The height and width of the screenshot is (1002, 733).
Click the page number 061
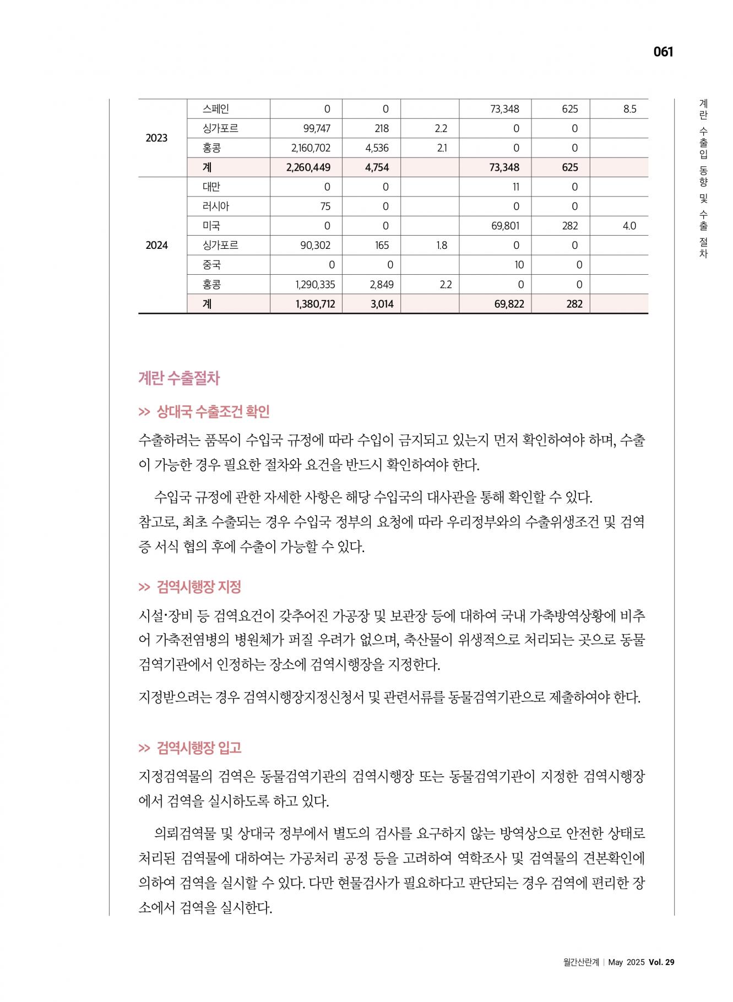coord(663,52)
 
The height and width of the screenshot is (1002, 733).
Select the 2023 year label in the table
coord(156,138)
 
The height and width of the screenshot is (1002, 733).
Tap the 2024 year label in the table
coord(156,246)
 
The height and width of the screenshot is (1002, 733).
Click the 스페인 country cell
coord(216,109)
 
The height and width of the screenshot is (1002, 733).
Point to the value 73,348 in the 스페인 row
coord(504,109)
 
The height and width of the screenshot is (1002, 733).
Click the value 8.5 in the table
coord(629,109)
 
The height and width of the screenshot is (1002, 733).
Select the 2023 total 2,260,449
coord(308,167)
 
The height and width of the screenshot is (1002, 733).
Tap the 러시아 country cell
coord(216,206)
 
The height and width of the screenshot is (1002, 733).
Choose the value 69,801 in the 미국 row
coord(504,226)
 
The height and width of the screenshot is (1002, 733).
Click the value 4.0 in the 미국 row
coord(629,226)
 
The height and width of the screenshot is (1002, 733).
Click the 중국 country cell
coord(211,265)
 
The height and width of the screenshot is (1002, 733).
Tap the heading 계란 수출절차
coord(179,378)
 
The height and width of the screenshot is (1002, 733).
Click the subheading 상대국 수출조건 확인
coord(213,411)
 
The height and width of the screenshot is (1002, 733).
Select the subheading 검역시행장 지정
coord(199,587)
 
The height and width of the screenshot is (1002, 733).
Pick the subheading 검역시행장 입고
coord(199,748)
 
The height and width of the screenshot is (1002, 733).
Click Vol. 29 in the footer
coord(661,962)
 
